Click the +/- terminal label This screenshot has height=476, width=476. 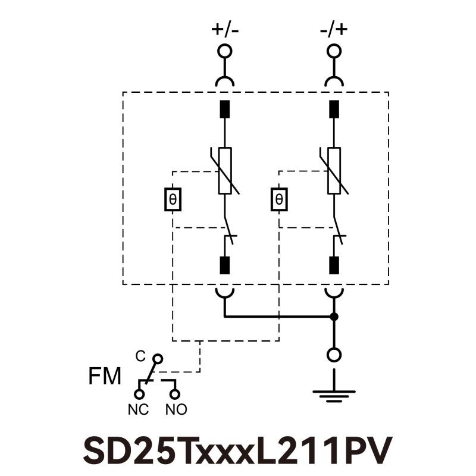pyautogui.click(x=225, y=30)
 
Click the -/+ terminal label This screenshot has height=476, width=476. pyautogui.click(x=334, y=30)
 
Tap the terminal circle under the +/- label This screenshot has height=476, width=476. pyautogui.click(x=225, y=51)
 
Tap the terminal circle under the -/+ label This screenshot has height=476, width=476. pyautogui.click(x=334, y=51)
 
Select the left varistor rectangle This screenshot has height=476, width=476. pyautogui.click(x=225, y=171)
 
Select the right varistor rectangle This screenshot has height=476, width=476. pyautogui.click(x=334, y=171)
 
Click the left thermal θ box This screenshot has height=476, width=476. pyautogui.click(x=173, y=200)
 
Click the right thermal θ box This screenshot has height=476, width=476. pyautogui.click(x=279, y=200)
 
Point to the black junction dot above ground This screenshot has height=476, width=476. pyautogui.click(x=334, y=317)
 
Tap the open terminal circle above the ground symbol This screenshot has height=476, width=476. pyautogui.click(x=334, y=355)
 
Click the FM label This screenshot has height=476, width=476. pyautogui.click(x=105, y=377)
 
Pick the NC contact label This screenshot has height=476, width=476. pyautogui.click(x=139, y=409)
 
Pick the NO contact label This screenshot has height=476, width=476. pyautogui.click(x=176, y=409)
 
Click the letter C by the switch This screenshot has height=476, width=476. pyautogui.click(x=140, y=356)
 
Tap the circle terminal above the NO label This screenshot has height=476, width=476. pyautogui.click(x=175, y=393)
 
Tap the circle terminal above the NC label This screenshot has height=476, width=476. pyautogui.click(x=139, y=393)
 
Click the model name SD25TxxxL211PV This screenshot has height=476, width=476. pyautogui.click(x=238, y=450)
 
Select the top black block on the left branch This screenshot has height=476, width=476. pyautogui.click(x=225, y=109)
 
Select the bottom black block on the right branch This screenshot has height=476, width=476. pyautogui.click(x=334, y=265)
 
